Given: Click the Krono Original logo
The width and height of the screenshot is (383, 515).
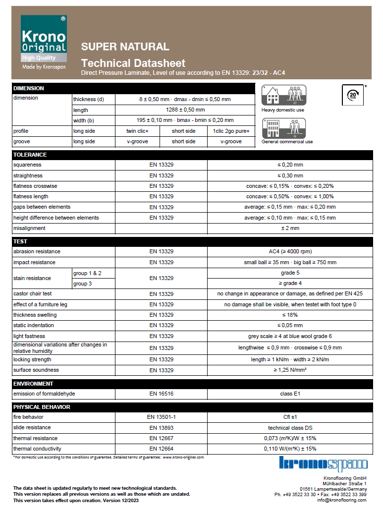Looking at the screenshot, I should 44,42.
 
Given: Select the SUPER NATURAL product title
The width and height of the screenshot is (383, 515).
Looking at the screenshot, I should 125,47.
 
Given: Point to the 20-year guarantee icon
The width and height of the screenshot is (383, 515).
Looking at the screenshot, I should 352,94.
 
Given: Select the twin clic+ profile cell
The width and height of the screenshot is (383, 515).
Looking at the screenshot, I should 137,131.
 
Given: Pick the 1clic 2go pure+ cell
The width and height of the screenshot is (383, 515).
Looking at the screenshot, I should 231,131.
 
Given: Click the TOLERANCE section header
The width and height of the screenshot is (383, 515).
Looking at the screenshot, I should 30,155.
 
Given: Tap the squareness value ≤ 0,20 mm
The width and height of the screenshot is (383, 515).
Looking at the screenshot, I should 290,165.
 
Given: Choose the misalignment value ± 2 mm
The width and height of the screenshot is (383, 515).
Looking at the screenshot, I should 290,229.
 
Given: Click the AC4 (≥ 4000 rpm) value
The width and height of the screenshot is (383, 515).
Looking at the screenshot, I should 290,252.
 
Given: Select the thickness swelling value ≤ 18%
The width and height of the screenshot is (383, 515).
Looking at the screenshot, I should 290,315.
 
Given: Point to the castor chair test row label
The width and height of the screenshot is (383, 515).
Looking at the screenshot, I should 33,294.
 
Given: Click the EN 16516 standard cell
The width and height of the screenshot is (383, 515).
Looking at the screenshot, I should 161,394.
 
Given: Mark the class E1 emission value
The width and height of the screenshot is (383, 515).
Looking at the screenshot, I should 290,394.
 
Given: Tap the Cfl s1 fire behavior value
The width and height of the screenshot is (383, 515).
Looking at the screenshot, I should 290,417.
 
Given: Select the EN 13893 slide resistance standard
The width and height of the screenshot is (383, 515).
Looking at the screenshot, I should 161,428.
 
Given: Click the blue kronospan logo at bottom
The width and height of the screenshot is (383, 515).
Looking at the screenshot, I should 323,464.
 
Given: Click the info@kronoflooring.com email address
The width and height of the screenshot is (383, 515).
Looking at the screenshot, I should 341,500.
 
